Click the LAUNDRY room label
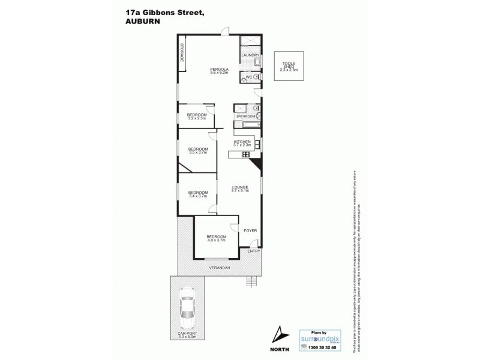click(x=250, y=55)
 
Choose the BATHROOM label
click(x=245, y=116)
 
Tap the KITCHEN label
click(x=242, y=142)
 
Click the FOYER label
click(x=249, y=230)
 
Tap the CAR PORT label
click(x=188, y=333)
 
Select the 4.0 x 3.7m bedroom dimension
click(x=215, y=241)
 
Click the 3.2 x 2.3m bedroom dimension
click(x=197, y=118)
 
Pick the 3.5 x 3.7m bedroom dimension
click(x=197, y=152)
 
